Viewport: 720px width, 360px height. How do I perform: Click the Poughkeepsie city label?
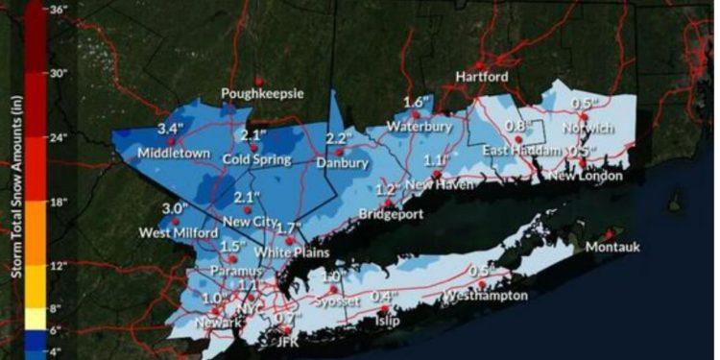point(262,94)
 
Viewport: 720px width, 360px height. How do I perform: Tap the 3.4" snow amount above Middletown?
point(171,129)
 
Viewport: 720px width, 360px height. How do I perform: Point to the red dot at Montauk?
point(608,233)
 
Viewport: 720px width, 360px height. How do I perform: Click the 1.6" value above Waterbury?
point(416,103)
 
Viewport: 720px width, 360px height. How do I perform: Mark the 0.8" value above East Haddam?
point(517,126)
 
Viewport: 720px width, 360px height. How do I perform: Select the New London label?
point(586,176)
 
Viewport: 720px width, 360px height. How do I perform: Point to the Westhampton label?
point(487,296)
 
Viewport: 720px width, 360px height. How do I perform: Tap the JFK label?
point(283,341)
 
